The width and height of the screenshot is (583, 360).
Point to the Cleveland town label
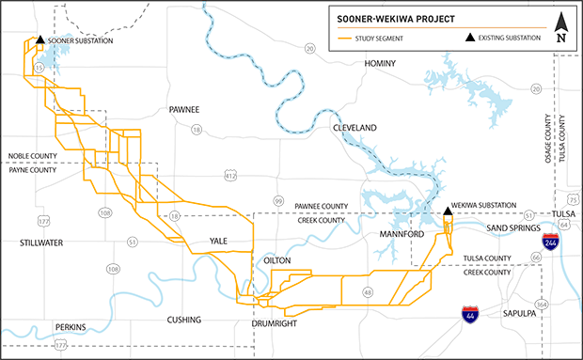(354, 127)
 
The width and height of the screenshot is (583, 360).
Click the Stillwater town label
(38, 242)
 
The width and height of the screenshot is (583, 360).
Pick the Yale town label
(219, 241)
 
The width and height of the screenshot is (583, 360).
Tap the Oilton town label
(284, 258)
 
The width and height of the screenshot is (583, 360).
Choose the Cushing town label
(183, 319)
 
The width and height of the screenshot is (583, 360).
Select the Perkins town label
(71, 327)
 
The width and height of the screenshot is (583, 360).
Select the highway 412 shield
(230, 176)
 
